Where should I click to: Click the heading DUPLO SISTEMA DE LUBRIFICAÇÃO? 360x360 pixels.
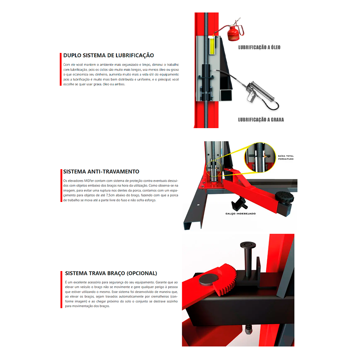pos(108,55)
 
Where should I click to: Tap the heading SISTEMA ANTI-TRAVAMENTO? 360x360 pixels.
pos(101,172)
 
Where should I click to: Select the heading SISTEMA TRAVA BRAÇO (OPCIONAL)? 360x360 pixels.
pos(111,273)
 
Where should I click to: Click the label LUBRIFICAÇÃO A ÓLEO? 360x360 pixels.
pos(259,47)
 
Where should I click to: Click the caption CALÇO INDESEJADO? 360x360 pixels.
pos(240,213)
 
